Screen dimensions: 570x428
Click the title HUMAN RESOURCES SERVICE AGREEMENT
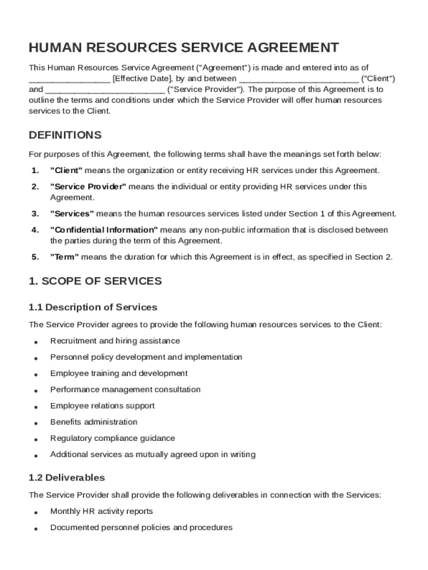[184, 47]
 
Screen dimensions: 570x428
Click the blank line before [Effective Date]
[69, 78]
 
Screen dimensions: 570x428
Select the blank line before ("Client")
[298, 78]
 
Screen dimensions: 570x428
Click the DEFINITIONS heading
[65, 135]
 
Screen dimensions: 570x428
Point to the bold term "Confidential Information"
[104, 230]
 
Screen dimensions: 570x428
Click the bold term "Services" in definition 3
[72, 214]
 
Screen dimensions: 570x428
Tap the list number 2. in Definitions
[35, 187]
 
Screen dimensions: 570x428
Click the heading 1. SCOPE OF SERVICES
[95, 281]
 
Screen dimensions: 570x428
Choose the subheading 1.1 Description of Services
[93, 307]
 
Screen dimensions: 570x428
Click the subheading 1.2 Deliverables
[67, 478]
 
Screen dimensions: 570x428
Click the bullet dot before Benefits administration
[36, 423]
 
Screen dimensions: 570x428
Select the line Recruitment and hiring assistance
[115, 341]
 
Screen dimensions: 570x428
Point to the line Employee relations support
[102, 406]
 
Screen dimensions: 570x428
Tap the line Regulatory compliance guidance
[112, 438]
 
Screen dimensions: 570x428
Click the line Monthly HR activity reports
[101, 511]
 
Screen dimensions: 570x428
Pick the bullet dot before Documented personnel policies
[36, 528]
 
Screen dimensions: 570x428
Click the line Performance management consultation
[125, 390]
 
